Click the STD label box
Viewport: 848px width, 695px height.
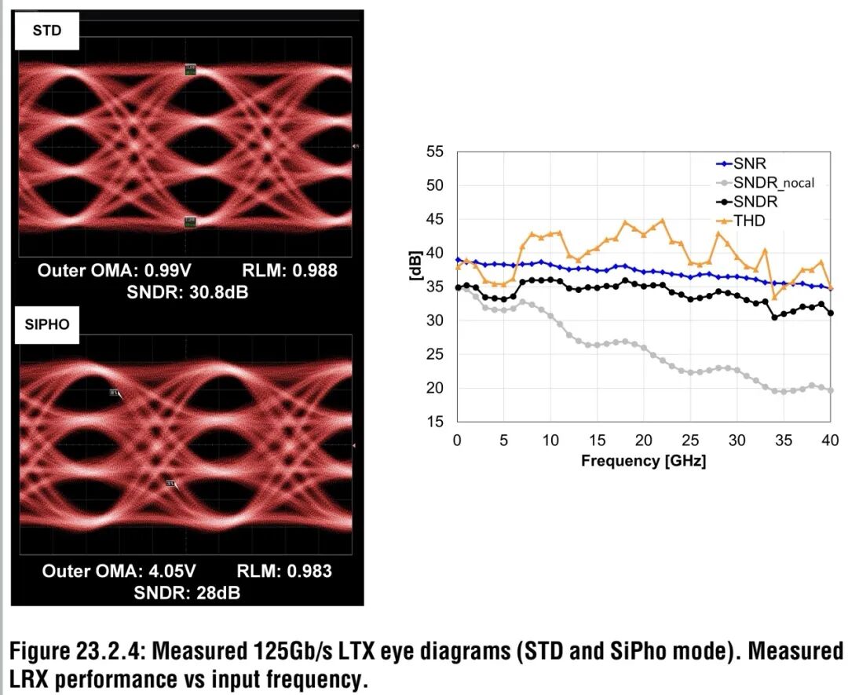click(x=47, y=31)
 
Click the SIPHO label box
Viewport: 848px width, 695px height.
click(x=47, y=329)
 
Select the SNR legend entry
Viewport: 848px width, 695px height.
click(x=748, y=164)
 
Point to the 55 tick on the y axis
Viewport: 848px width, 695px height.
click(x=435, y=152)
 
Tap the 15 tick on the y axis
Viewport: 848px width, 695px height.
click(x=435, y=422)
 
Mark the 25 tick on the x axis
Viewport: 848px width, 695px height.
click(x=690, y=440)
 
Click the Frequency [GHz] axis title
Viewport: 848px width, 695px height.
click(x=643, y=461)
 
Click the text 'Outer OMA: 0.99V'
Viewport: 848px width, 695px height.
click(x=114, y=271)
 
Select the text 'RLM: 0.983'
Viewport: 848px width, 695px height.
click(x=284, y=571)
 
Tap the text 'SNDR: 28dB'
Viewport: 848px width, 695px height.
click(x=187, y=592)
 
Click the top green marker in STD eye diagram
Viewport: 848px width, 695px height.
click(x=190, y=70)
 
